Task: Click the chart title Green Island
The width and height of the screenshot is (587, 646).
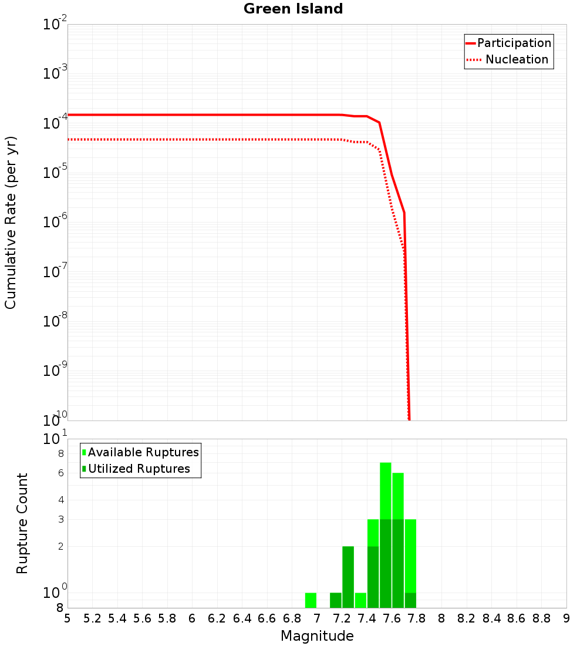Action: tap(293, 9)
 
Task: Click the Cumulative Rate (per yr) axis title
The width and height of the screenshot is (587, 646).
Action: tap(11, 222)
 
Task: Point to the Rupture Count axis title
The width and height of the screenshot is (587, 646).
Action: tap(22, 523)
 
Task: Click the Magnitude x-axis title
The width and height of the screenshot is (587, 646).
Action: tap(317, 636)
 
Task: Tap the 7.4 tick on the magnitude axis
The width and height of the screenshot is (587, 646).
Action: tap(367, 618)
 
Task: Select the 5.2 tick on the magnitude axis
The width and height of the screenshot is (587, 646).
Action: tap(93, 618)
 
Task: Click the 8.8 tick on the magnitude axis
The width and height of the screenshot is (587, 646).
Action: tap(541, 618)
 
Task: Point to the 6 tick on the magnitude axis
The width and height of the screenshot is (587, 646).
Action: tap(192, 618)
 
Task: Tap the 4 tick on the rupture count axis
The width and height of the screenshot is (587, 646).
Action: tap(60, 500)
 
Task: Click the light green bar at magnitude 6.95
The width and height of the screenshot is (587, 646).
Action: tap(311, 600)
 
